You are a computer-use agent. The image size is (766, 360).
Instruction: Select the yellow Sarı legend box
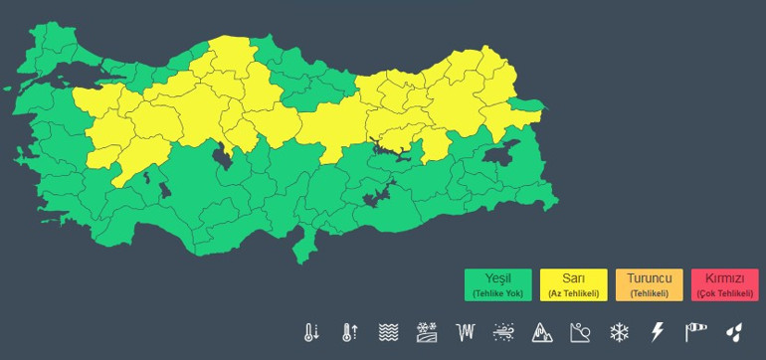pyautogui.click(x=575, y=284)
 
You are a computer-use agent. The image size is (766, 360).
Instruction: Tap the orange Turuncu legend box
pyautogui.click(x=649, y=284)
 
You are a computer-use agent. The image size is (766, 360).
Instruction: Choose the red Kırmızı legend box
pyautogui.click(x=724, y=284)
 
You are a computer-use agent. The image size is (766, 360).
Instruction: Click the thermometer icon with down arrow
pyautogui.click(x=312, y=331)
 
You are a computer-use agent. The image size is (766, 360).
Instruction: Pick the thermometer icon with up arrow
pyautogui.click(x=349, y=331)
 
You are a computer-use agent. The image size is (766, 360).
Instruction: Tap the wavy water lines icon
pyautogui.click(x=388, y=331)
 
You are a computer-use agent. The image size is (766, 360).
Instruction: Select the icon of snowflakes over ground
pyautogui.click(x=427, y=331)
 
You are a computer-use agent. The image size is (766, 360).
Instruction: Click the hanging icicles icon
pyautogui.click(x=466, y=331)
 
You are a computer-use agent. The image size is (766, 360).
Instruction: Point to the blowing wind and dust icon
pyautogui.click(x=504, y=331)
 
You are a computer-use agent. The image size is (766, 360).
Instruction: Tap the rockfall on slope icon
pyautogui.click(x=581, y=331)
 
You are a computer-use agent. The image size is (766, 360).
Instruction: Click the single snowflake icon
pyautogui.click(x=620, y=331)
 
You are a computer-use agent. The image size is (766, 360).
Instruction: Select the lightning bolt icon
pyautogui.click(x=657, y=331)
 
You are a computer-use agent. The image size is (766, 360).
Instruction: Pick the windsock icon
pyautogui.click(x=695, y=331)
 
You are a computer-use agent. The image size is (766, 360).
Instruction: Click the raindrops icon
pyautogui.click(x=734, y=331)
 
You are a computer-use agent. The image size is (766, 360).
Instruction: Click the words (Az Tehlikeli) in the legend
pyautogui.click(x=575, y=293)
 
